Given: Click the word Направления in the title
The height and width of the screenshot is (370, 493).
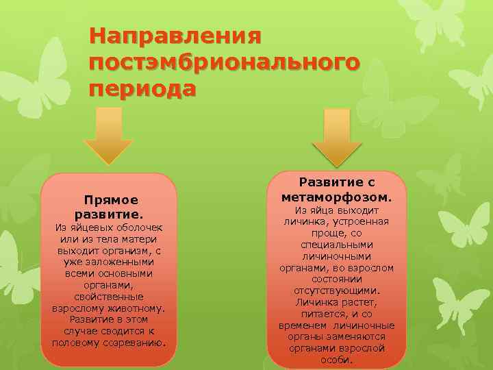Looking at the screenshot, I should point(176,34).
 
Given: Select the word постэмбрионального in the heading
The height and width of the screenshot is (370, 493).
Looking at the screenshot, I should point(223,62).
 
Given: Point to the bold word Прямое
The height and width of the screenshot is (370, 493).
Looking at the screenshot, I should point(111,200).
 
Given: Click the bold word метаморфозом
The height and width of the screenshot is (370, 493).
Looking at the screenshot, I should point(337,197).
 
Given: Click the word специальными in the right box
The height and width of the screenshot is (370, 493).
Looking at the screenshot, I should point(336,245).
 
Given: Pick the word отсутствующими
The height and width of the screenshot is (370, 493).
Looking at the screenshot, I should point(336,291).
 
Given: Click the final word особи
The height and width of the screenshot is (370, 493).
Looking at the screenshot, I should point(336,360).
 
